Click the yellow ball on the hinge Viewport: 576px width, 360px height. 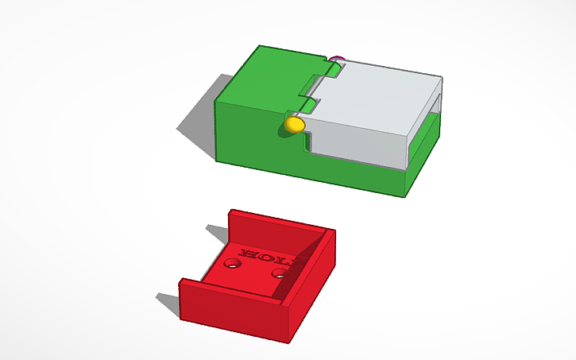(294, 124)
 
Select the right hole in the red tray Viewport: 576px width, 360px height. (279, 274)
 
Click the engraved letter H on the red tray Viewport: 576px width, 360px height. (248, 254)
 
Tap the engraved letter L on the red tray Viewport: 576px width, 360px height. (279, 258)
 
